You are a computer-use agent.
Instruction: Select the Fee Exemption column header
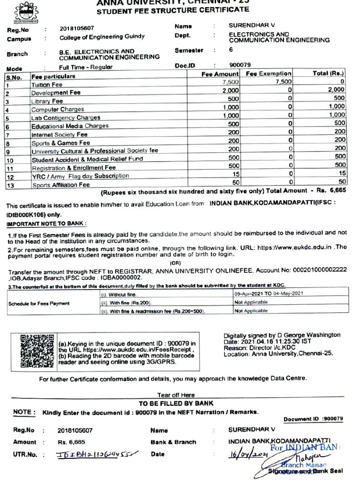point(269,74)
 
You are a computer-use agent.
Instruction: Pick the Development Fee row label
point(56,93)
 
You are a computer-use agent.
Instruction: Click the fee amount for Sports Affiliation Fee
point(233,182)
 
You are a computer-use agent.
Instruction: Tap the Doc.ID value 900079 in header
point(240,65)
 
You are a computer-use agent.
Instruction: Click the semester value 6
point(231,50)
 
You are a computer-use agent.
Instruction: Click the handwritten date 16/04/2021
point(246,454)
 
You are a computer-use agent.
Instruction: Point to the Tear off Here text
point(176,395)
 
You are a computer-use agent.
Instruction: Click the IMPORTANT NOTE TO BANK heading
point(47,224)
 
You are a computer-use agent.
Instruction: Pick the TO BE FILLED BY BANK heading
point(176,403)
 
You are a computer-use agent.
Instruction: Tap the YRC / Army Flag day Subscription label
point(80,176)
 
